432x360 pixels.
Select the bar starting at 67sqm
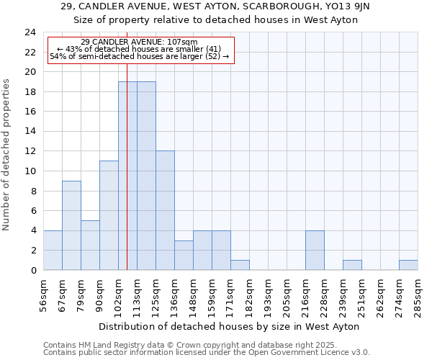point(71,225)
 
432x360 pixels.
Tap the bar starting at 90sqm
point(109,215)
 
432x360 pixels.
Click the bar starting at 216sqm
point(315,250)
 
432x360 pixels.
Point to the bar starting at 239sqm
point(352,265)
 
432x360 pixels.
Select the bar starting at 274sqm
point(408,265)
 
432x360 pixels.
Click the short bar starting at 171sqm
point(240,265)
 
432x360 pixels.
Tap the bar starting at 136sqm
point(184,255)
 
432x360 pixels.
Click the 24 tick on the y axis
point(30,32)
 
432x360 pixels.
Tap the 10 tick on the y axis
point(30,171)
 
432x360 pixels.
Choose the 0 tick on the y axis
point(33,270)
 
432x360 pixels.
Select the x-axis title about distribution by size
point(229,326)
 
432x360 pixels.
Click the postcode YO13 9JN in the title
point(349,6)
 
